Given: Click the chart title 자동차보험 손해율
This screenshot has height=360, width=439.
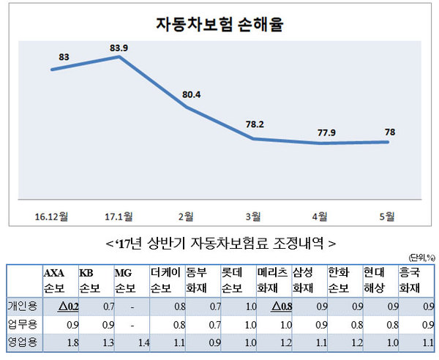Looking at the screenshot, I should (x=219, y=23).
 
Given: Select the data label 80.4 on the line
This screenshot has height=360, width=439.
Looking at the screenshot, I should (x=190, y=94).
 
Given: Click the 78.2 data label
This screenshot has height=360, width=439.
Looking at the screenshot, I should (x=255, y=124).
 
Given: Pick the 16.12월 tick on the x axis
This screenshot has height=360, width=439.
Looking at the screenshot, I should (x=52, y=215).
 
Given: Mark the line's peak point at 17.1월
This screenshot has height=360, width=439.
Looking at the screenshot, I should (x=119, y=56).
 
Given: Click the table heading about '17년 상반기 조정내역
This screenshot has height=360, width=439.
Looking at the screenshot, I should (x=220, y=242).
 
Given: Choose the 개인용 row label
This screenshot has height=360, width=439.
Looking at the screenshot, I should (x=23, y=304).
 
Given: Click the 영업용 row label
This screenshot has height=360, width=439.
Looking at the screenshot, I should (x=23, y=341).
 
